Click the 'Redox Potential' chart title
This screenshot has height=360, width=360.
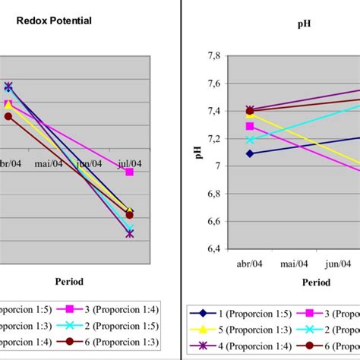54,21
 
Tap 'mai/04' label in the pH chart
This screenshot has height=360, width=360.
293,264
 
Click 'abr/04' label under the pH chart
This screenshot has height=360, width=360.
250,264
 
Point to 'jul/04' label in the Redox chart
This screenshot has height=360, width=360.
129,163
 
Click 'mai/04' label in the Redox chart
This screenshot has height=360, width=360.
49,163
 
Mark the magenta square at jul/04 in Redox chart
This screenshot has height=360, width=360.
130,172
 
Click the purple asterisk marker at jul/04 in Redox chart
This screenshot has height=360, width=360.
130,233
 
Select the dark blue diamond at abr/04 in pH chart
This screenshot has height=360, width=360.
250,153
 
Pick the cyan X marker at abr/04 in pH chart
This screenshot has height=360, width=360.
250,140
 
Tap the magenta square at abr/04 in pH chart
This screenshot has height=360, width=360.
250,126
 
